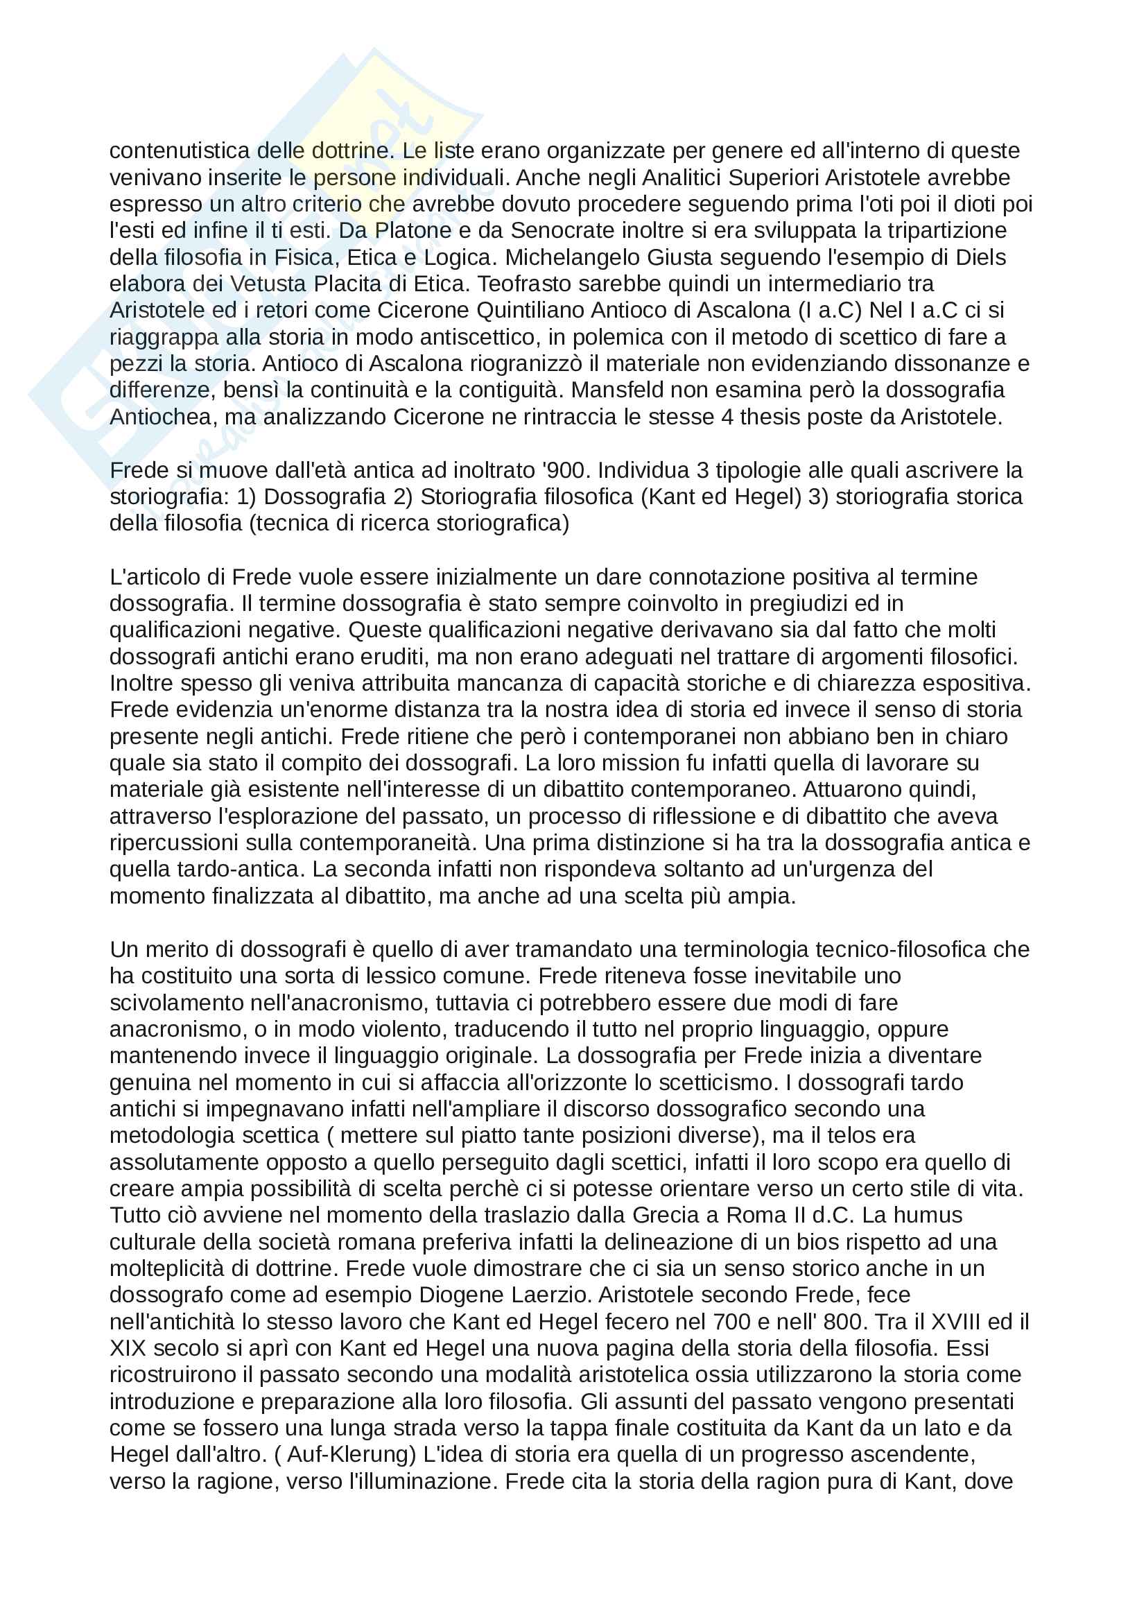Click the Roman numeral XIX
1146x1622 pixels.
click(128, 1348)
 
